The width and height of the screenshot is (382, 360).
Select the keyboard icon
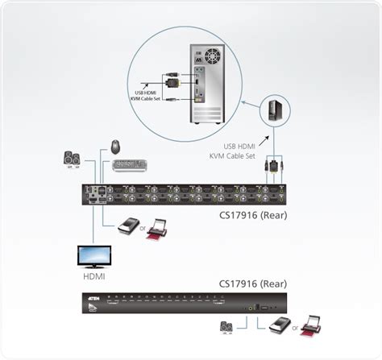(131, 165)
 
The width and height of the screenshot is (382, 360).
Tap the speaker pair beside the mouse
(73, 159)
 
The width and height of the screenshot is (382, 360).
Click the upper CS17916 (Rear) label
(253, 215)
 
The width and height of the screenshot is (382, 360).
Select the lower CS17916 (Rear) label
(253, 283)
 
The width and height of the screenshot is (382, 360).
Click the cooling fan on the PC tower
(212, 57)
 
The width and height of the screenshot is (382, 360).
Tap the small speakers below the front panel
(228, 327)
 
